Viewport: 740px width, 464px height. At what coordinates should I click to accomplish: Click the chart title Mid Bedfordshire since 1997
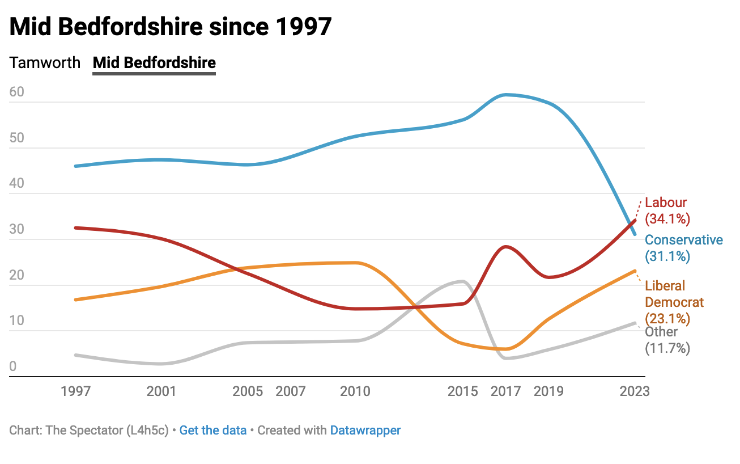[x=170, y=27]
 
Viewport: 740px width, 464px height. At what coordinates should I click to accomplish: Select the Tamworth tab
[x=45, y=62]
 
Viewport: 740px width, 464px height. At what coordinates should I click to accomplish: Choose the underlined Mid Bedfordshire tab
[x=154, y=62]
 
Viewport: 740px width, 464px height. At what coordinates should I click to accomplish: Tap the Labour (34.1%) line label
[x=667, y=210]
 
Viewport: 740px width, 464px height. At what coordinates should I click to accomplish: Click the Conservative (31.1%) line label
[x=684, y=248]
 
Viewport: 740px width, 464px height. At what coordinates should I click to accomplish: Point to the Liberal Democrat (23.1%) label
[x=674, y=302]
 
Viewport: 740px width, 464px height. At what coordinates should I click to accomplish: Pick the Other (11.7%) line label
[x=667, y=340]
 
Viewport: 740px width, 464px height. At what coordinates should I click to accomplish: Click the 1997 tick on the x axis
[x=75, y=391]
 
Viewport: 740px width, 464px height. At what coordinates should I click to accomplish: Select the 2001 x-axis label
[x=161, y=391]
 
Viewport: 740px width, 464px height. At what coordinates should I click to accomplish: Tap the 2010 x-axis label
[x=355, y=391]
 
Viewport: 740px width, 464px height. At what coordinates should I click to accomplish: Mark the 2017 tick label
[x=506, y=391]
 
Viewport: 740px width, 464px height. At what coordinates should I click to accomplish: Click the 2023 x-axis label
[x=635, y=391]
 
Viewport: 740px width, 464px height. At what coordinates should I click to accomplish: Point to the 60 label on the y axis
[x=17, y=92]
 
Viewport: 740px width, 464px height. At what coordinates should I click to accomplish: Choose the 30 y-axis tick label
[x=17, y=230]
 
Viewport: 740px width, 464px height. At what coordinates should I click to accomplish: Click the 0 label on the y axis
[x=13, y=366]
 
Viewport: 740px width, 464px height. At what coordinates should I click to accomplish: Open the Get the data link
[x=213, y=430]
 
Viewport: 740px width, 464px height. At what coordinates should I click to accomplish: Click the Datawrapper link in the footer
[x=365, y=430]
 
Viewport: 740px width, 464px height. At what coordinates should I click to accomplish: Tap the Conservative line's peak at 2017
[x=506, y=94]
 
